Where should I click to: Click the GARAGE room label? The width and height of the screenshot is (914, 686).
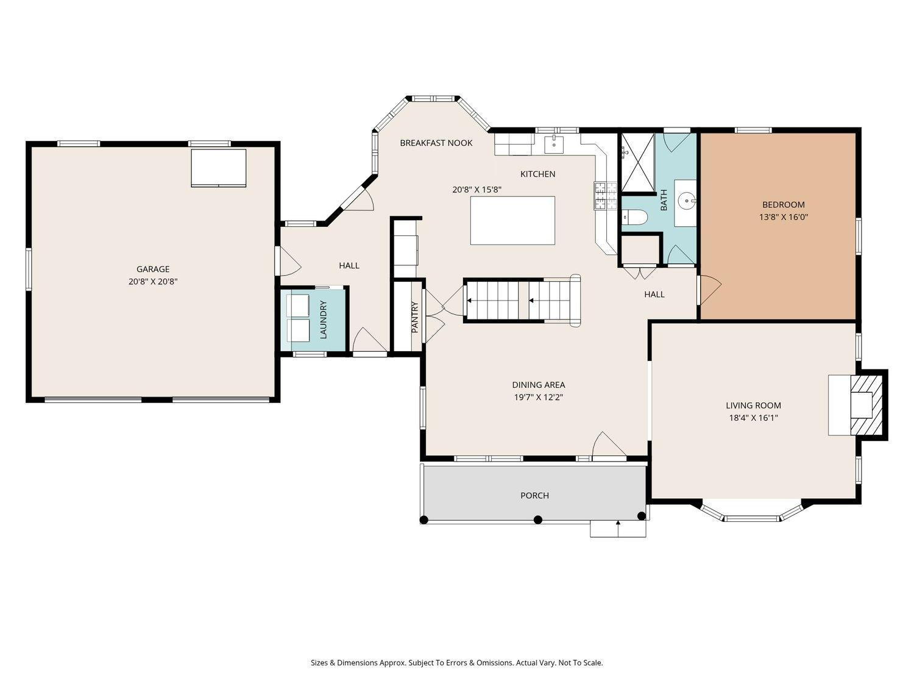pos(153,269)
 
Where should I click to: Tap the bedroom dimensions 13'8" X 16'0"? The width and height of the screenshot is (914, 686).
pos(783,217)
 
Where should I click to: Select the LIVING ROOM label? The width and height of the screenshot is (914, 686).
pos(753,406)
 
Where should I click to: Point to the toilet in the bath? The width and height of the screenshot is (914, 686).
pos(635,216)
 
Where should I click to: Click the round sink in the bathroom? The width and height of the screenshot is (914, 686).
pos(686,202)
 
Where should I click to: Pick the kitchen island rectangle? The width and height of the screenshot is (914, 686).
pos(512,221)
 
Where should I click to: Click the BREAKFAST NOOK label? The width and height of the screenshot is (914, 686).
pos(436,143)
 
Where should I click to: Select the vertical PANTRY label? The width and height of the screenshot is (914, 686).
pos(415,317)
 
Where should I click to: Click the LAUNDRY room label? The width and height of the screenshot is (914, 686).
pos(324,320)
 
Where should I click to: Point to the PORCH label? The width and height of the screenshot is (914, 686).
pos(534,495)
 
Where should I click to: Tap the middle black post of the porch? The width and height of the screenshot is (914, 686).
pos(538,520)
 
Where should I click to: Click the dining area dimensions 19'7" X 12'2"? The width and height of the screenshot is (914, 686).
pos(539,398)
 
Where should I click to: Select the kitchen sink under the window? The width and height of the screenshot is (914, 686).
pos(554,144)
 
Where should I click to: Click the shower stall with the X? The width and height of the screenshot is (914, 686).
pos(638,163)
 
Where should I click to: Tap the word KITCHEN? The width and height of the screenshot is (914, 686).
pos(537,174)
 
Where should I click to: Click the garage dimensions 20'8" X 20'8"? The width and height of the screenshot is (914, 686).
pos(153,282)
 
